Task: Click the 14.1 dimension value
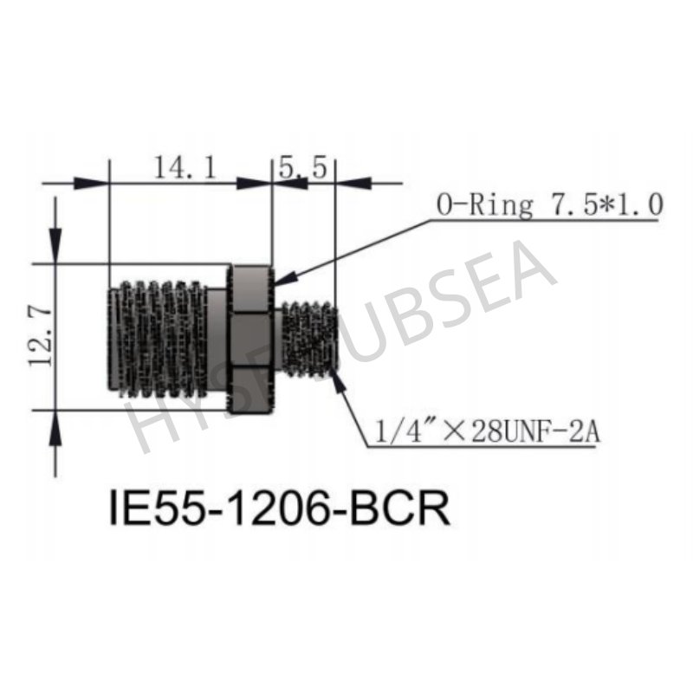click(185, 167)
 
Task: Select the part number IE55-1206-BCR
click(279, 508)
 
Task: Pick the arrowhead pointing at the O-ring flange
click(287, 277)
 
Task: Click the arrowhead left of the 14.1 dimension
click(92, 183)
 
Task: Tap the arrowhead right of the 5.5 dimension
click(351, 183)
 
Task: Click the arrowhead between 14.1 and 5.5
click(256, 183)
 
